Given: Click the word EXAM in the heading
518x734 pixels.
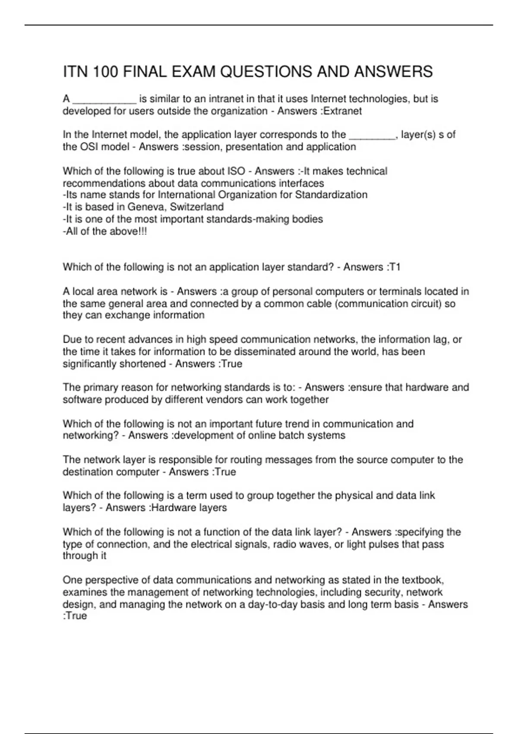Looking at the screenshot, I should point(195,72).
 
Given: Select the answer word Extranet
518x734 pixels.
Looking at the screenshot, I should point(343,111).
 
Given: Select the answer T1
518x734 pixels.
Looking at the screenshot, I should point(395,267).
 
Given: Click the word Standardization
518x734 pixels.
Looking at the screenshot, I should point(331,195).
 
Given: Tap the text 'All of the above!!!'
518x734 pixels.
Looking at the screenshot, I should point(105,231).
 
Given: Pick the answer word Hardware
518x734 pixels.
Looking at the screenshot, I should point(169,508).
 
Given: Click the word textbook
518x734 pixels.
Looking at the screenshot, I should point(423,580).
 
